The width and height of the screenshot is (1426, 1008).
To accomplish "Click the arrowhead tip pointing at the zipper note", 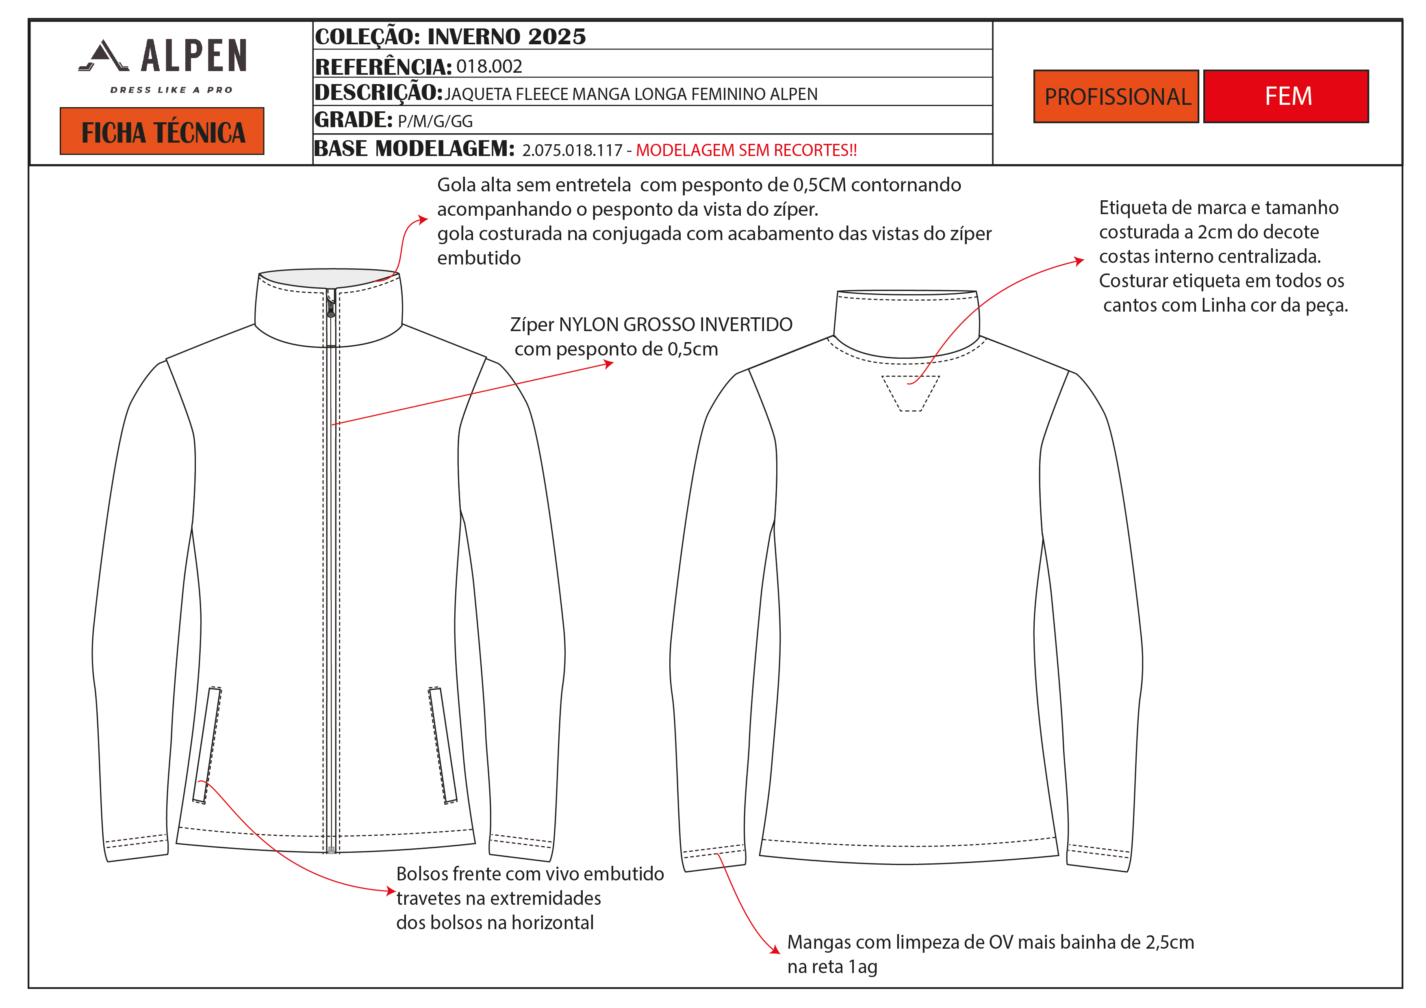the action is (x=614, y=363).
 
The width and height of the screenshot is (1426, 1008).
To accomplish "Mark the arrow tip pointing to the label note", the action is (x=1084, y=260).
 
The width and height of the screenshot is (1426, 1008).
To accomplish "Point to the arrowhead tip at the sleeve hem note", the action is (x=779, y=953).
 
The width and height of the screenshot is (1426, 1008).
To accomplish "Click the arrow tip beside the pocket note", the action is (x=396, y=891).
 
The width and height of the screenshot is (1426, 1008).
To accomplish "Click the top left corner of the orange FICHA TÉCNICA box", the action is (x=60, y=108).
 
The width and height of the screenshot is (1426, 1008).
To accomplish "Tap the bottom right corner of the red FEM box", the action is (x=1368, y=122).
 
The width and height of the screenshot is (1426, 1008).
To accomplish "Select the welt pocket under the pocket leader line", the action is (x=207, y=745).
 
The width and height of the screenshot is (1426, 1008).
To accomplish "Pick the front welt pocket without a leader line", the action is (x=442, y=745).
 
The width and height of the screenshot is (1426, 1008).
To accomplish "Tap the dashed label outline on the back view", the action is (x=911, y=393).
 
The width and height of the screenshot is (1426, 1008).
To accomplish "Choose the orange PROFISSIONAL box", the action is (x=1116, y=96).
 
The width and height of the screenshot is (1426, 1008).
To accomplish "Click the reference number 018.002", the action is (x=489, y=66).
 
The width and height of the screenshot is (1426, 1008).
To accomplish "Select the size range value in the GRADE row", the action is (x=435, y=121).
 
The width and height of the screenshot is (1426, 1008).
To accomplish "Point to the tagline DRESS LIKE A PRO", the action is (x=171, y=90).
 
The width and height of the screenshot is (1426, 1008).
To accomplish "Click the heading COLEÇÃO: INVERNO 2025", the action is (x=450, y=37).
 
